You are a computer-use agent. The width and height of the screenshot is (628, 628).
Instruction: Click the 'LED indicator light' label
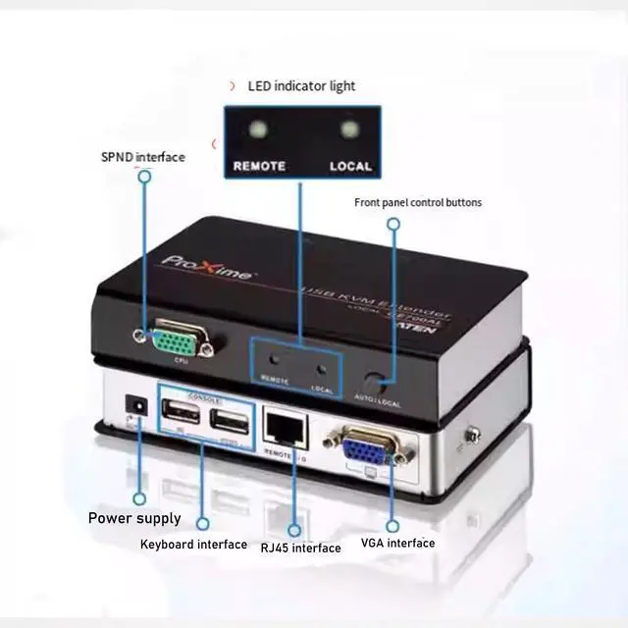click(x=300, y=86)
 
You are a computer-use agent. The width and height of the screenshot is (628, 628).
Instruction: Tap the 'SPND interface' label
click(x=142, y=157)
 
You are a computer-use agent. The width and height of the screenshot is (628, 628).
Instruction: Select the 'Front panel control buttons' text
click(x=418, y=203)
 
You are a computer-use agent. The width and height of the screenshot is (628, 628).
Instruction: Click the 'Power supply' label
click(x=134, y=518)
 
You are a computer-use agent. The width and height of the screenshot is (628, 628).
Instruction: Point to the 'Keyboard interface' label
click(x=193, y=544)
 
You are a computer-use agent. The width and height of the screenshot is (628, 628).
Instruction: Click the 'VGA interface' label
click(x=396, y=543)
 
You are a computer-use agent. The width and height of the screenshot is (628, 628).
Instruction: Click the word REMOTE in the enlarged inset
click(x=259, y=166)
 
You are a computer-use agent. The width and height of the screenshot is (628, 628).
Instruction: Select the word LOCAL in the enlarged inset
click(x=350, y=166)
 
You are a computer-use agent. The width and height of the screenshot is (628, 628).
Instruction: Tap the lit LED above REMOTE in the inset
click(x=258, y=130)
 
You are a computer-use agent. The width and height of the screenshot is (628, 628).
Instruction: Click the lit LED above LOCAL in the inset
click(x=347, y=130)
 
